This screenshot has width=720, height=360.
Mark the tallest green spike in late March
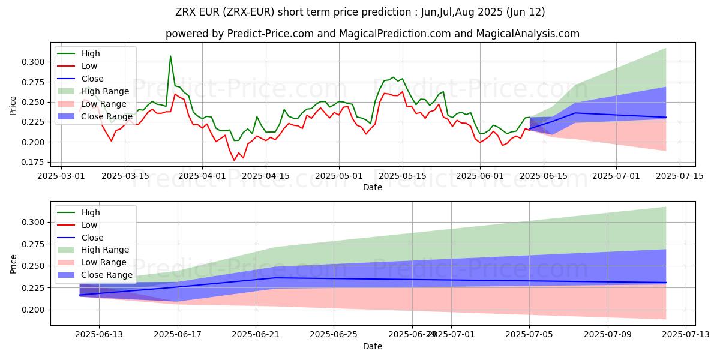click(x=170, y=56)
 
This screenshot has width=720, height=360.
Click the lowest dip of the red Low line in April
click(x=235, y=160)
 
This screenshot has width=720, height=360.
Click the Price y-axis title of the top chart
click(x=13, y=106)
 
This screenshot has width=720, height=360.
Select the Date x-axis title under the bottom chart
click(x=373, y=346)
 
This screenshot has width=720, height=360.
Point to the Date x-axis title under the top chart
click(x=373, y=187)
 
